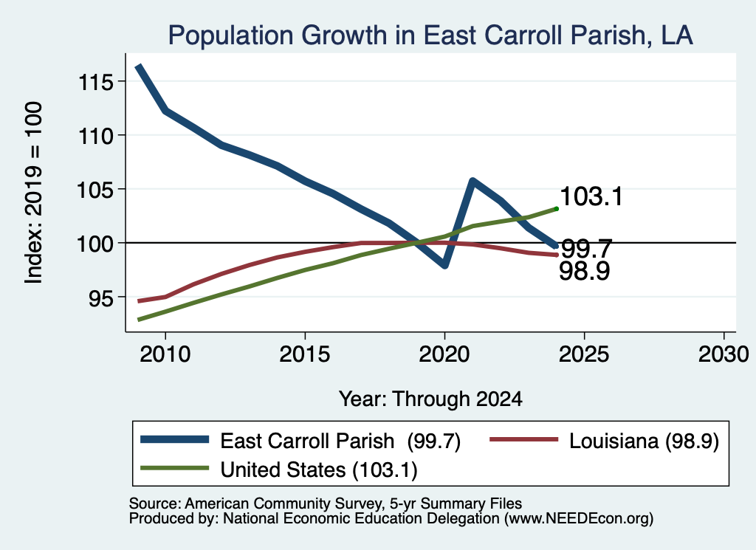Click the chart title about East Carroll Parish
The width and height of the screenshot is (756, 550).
coord(430,35)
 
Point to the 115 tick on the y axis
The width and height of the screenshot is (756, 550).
coord(96,82)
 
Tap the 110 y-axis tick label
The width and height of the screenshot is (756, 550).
coord(96,136)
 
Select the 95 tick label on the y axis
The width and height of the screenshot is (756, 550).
coord(101,298)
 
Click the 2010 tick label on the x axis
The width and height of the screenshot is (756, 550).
coord(165,354)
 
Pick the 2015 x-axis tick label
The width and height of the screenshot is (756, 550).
coord(305,354)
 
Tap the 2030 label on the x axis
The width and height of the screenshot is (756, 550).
coord(724,354)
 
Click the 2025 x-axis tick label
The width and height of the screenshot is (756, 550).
coord(584,354)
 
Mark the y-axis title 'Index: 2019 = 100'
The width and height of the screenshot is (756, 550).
coord(34,193)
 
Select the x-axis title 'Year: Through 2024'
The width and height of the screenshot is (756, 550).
coord(430,399)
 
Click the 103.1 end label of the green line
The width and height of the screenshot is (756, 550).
coord(591,196)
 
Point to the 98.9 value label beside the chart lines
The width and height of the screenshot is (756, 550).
coord(585,271)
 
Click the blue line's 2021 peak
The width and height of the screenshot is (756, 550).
coord(472,182)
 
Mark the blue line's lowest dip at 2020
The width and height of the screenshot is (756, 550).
coord(444,264)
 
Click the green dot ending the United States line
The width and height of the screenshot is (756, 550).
coord(557,209)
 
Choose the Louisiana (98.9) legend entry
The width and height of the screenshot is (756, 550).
coord(605,441)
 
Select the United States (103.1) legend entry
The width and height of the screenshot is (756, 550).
coord(279,470)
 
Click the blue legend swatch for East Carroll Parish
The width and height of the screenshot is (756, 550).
coord(174,439)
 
